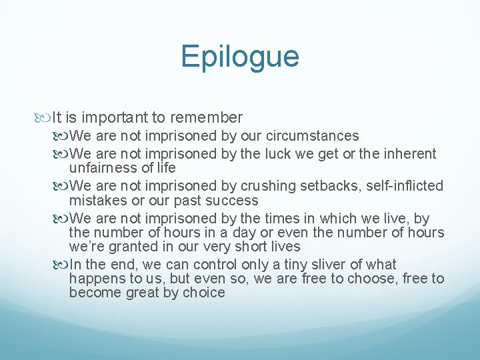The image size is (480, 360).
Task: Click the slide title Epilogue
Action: coord(239,57)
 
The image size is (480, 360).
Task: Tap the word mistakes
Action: coord(97,200)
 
